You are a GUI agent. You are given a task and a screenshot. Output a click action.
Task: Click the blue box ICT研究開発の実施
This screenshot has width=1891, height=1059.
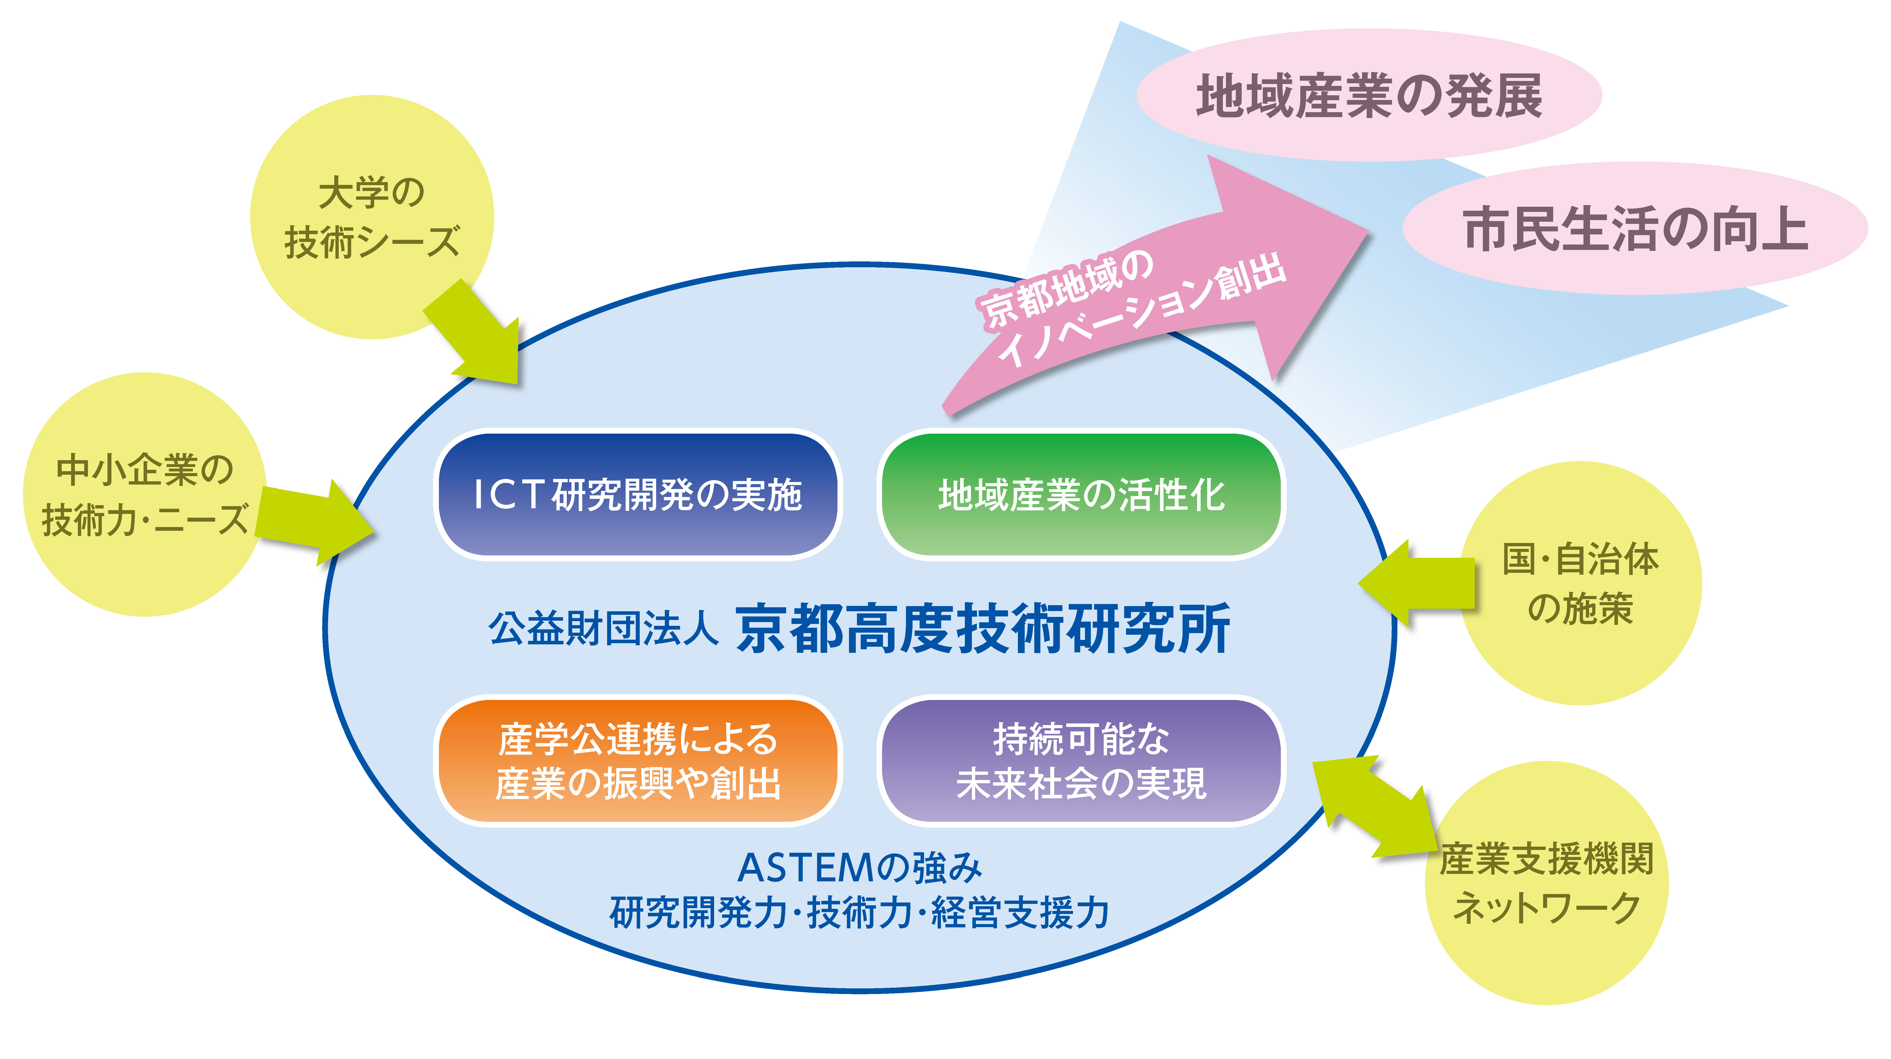pyautogui.click(x=637, y=494)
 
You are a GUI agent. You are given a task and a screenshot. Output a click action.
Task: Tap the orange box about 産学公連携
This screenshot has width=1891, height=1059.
pyautogui.click(x=637, y=761)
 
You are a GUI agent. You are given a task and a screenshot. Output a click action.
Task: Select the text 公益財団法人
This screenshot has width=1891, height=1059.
pyautogui.click(x=603, y=629)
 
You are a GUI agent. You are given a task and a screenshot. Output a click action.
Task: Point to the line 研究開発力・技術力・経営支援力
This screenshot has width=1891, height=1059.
pyautogui.click(x=859, y=913)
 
